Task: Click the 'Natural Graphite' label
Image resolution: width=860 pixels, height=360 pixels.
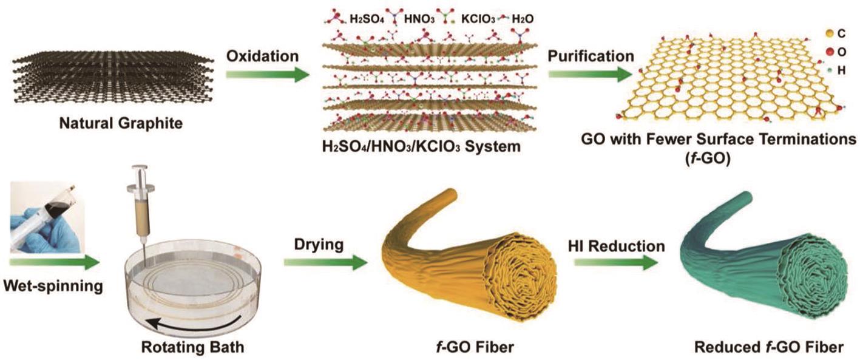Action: point(121,124)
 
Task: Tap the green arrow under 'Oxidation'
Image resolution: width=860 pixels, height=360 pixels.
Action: point(267,74)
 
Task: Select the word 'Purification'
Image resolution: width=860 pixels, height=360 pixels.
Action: point(591,56)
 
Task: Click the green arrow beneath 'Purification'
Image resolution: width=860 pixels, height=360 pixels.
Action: point(590,74)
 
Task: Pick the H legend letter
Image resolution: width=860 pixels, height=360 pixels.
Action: point(841,70)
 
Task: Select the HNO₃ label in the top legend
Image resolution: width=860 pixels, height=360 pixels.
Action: point(419,19)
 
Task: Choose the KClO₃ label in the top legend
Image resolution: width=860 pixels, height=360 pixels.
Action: point(478,19)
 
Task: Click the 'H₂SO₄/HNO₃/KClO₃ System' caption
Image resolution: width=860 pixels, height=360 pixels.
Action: point(421,146)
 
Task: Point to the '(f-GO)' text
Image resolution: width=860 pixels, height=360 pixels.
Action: point(707,158)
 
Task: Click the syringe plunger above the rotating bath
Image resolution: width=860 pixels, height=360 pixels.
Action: point(140,178)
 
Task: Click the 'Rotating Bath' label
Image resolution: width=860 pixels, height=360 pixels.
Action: point(193,347)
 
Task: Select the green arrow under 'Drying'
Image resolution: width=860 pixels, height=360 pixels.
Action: point(325,263)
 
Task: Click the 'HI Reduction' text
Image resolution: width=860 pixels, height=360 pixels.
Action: point(616,246)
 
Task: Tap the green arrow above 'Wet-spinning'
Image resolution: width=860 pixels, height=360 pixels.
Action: point(55,263)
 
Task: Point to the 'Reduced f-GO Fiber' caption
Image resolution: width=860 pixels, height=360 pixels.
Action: point(769,347)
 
